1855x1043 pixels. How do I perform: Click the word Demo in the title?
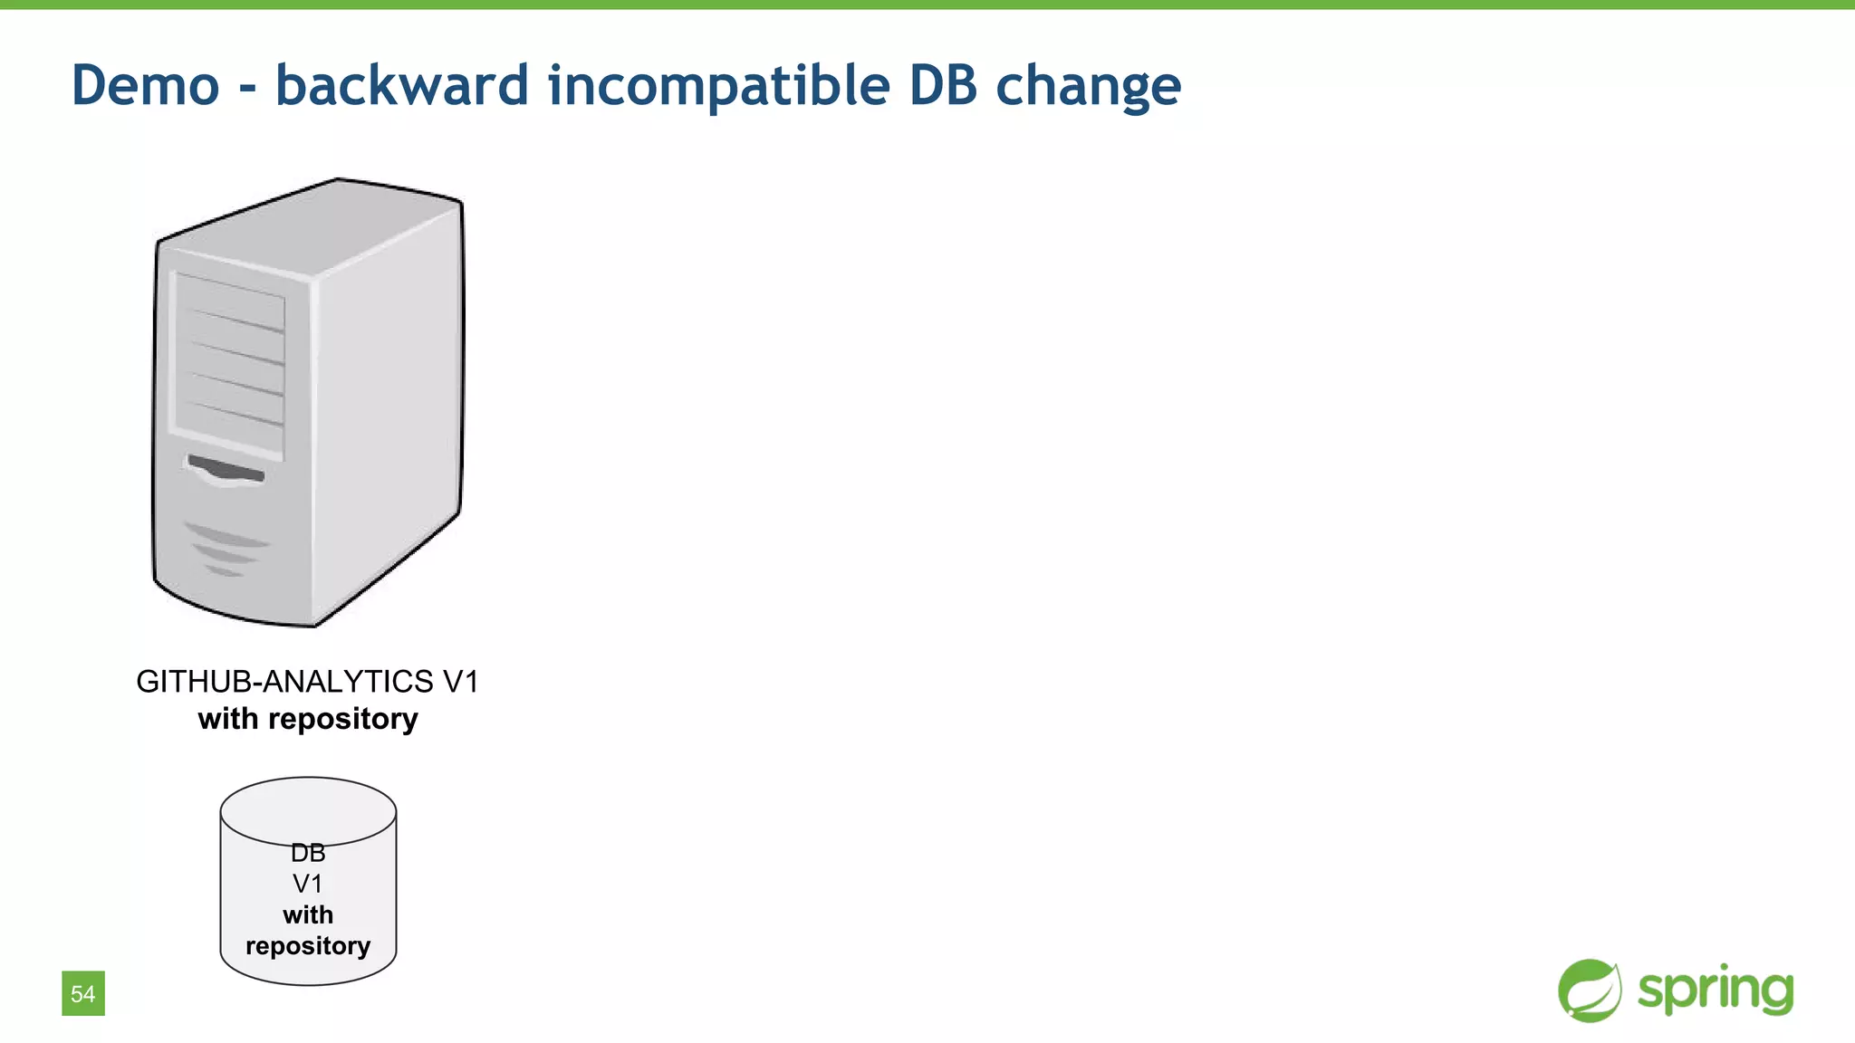tap(145, 86)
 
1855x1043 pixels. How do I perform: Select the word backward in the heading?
tap(401, 86)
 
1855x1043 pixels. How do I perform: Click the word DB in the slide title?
tap(943, 86)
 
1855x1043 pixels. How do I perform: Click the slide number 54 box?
tap(83, 993)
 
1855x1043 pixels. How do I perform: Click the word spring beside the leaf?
tap(1715, 990)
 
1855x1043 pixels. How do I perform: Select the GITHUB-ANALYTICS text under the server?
tap(284, 681)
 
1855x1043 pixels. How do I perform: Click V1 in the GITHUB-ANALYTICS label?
tap(460, 681)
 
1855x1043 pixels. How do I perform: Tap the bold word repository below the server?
tap(343, 719)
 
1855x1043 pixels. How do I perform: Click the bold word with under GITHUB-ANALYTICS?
tap(228, 719)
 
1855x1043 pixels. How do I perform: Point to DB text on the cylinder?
tap(308, 853)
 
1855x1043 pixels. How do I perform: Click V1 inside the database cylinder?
tap(308, 884)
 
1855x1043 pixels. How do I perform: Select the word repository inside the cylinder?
tap(308, 946)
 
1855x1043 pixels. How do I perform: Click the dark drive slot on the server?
tap(226, 470)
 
